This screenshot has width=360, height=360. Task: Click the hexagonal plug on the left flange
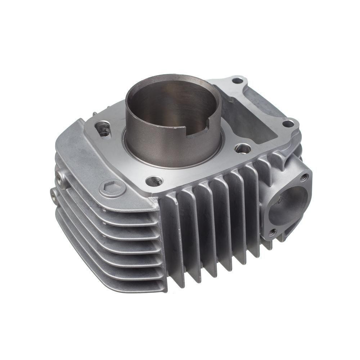tap(112, 188)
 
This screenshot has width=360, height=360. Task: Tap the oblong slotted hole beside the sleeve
tap(103, 129)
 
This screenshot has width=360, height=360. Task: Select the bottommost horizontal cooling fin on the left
tap(108, 284)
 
